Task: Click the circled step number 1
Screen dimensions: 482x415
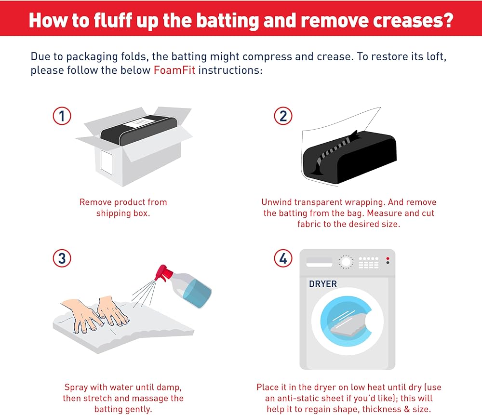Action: pyautogui.click(x=62, y=116)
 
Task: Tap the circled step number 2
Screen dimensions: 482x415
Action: pyautogui.click(x=283, y=116)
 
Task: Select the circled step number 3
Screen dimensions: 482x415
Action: pyautogui.click(x=62, y=258)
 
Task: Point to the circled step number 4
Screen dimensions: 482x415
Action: pyautogui.click(x=283, y=258)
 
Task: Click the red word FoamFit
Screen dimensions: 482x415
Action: pyautogui.click(x=174, y=70)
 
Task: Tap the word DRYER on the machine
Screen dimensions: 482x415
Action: pyautogui.click(x=323, y=284)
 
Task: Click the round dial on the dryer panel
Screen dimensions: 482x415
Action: pyautogui.click(x=346, y=262)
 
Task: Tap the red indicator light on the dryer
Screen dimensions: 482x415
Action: pyautogui.click(x=388, y=258)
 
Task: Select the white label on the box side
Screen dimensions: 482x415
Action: pyautogui.click(x=107, y=162)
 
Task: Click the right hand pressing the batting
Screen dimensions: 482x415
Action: pyautogui.click(x=112, y=310)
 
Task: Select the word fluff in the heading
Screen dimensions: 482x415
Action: pyautogui.click(x=113, y=20)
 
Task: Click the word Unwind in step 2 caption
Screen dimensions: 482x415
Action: pyautogui.click(x=276, y=202)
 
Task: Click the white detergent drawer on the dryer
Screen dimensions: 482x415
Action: pyautogui.click(x=320, y=262)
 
